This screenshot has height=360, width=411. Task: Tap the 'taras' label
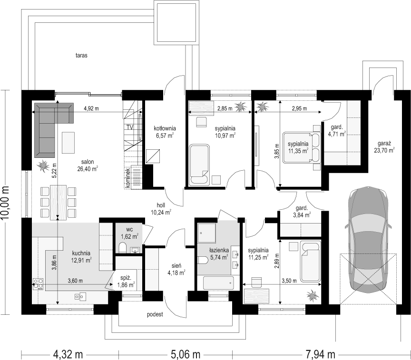(81, 55)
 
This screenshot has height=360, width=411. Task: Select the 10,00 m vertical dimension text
(5, 202)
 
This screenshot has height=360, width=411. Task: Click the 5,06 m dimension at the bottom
(186, 354)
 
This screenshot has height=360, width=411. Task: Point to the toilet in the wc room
(122, 248)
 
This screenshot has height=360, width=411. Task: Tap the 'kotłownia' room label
(165, 128)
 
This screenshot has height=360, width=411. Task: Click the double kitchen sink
(80, 296)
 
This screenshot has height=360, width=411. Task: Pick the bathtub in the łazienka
(218, 283)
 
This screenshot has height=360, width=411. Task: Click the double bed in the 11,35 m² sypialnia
(301, 147)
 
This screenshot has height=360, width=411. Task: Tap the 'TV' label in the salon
(130, 127)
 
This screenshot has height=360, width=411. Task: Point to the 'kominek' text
(128, 178)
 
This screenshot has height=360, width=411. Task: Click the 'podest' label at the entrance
(155, 314)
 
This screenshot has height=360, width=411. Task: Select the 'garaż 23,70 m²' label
(384, 147)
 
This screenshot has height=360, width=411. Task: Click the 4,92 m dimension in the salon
(91, 108)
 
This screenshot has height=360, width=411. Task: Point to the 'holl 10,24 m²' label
(161, 209)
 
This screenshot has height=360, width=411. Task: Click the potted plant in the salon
(43, 165)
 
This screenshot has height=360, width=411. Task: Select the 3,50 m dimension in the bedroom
(289, 281)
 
